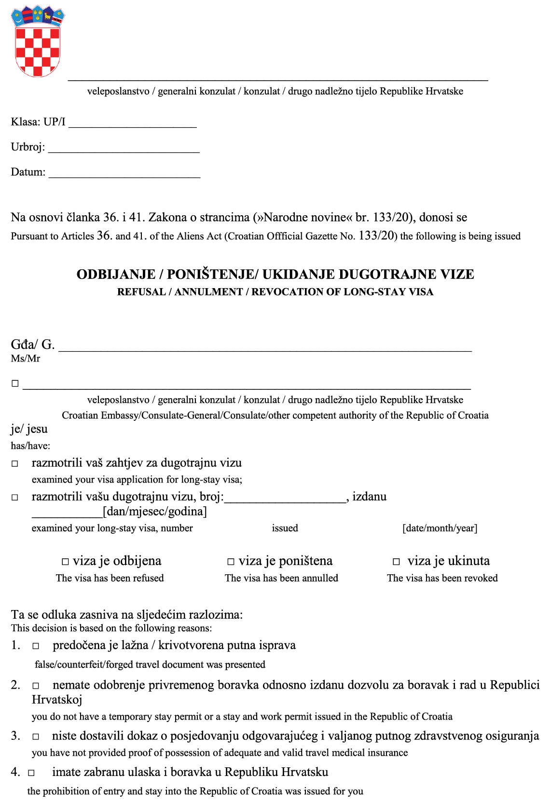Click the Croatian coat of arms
coord(38,42)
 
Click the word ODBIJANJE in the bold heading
coord(116,275)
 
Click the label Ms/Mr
coord(26,359)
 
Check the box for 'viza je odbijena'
coord(66,562)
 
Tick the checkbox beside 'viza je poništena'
coord(231,562)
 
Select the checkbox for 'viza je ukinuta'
coord(396,562)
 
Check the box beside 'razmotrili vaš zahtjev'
coord(15,464)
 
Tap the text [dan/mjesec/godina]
coord(155,512)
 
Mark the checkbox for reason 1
coord(36,646)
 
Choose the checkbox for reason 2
coord(36,686)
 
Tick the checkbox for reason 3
coord(36,737)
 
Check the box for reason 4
coord(31,773)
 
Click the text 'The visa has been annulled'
coord(281,578)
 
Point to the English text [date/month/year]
coord(440,528)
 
